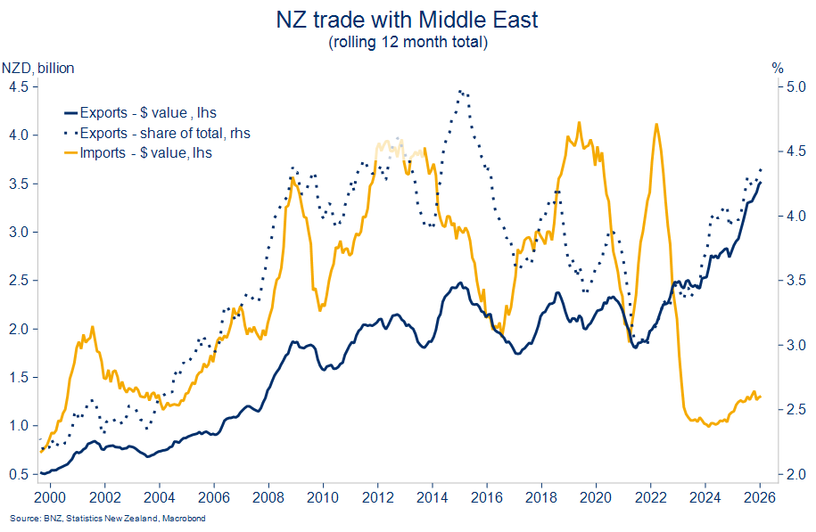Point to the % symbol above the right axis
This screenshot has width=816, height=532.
(777, 68)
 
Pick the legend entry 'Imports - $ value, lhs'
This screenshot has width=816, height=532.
(145, 152)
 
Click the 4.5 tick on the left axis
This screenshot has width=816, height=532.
(18, 86)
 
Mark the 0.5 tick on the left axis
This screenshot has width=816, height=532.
(18, 474)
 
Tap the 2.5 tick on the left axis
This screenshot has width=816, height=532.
(18, 280)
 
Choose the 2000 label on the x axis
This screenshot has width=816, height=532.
(49, 495)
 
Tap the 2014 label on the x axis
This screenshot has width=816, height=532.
(433, 495)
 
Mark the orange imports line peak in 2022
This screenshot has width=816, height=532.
(656, 125)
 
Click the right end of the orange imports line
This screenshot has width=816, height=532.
(761, 397)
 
